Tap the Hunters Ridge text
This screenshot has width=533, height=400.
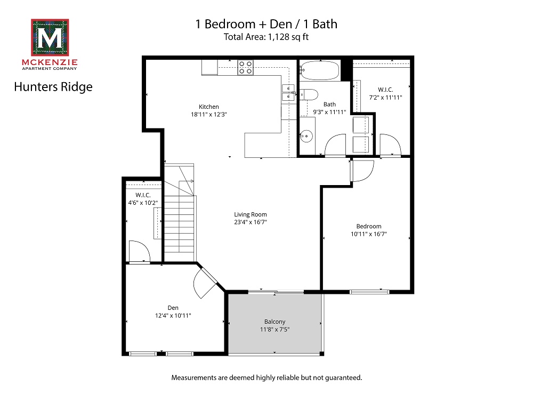pyautogui.click(x=53, y=86)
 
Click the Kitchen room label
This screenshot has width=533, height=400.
pyautogui.click(x=208, y=107)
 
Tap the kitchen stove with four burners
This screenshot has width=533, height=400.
pyautogui.click(x=246, y=67)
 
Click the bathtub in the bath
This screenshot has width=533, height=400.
pyautogui.click(x=319, y=69)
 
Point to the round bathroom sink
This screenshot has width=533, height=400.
pyautogui.click(x=305, y=135)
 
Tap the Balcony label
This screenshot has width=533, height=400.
pyautogui.click(x=274, y=322)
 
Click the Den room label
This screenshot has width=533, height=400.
pyautogui.click(x=173, y=308)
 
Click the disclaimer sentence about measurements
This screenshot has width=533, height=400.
pyautogui.click(x=266, y=378)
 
